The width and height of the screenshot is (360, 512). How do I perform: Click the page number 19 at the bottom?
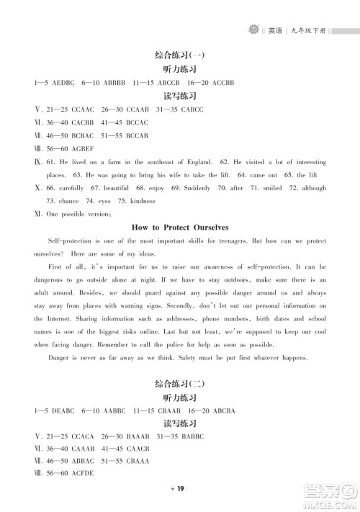point(181,489)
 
